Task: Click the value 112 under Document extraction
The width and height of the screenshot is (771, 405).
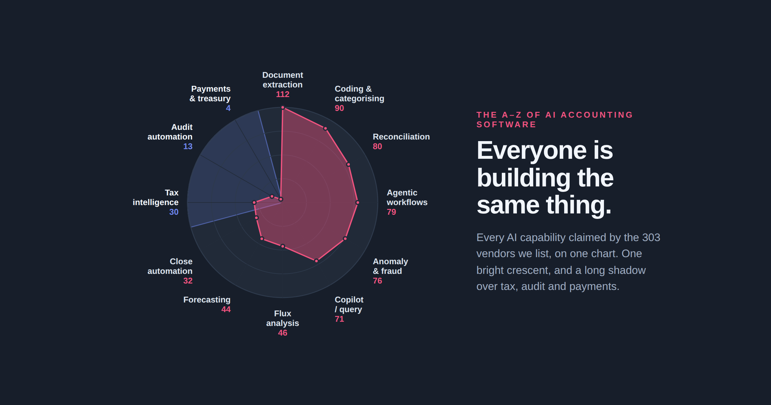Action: point(283,94)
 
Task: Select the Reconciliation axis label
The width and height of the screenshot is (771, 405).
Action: point(401,137)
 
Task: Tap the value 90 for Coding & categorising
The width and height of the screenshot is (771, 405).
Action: point(339,108)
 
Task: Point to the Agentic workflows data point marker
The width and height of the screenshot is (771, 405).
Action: point(357,203)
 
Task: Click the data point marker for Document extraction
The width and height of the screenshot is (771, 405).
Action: point(283,107)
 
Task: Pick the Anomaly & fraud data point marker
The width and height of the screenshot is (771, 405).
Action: point(345,239)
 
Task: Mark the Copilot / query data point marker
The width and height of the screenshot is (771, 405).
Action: point(316,261)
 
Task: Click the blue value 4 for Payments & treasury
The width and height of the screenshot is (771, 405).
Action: point(228,108)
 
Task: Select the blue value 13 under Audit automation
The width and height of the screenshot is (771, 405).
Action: point(188,146)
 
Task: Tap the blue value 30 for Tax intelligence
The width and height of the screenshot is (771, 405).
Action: point(174,212)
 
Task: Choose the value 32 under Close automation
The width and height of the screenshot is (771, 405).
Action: point(188,281)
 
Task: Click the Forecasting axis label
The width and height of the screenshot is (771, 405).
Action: point(207,300)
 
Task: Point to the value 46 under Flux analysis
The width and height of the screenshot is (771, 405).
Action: point(283,333)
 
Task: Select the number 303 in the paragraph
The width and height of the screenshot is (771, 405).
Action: point(651,237)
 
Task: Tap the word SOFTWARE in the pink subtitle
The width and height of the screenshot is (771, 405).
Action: point(506,124)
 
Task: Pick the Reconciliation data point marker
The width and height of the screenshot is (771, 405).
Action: point(348,165)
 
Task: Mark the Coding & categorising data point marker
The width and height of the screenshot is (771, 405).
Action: point(325,129)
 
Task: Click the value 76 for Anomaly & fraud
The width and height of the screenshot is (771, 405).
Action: point(377,281)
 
